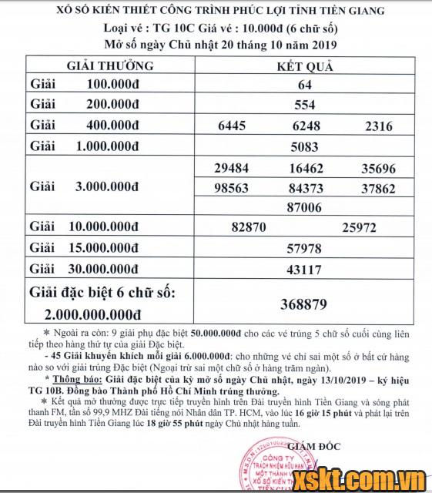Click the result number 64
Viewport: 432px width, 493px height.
point(305,85)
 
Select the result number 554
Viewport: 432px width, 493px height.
point(305,106)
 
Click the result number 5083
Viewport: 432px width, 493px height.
point(305,146)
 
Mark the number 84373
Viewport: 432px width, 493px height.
point(305,188)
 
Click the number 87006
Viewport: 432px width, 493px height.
point(305,208)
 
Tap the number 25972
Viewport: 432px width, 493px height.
point(360,228)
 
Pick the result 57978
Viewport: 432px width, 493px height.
point(305,249)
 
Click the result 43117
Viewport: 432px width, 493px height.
point(305,270)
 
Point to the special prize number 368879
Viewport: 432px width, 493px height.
point(305,305)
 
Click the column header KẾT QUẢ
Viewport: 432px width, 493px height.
point(305,66)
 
